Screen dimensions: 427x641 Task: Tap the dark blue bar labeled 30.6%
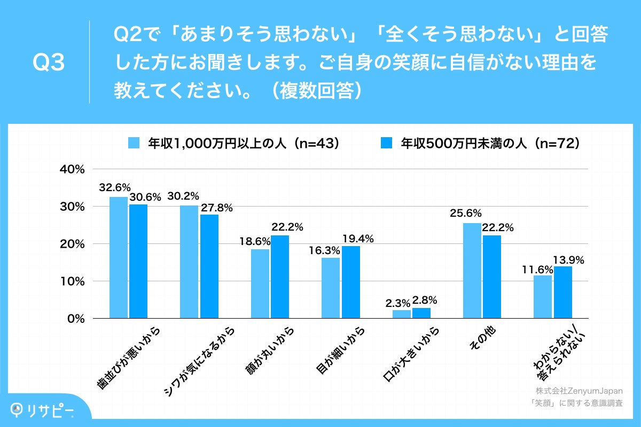click(x=138, y=261)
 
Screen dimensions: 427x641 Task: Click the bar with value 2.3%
click(x=402, y=314)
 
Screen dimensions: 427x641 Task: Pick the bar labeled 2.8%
click(x=421, y=313)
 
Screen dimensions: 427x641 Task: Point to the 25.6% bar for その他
click(x=472, y=271)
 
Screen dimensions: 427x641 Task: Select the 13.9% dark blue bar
click(x=562, y=292)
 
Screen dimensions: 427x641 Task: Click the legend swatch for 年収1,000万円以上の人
click(x=134, y=143)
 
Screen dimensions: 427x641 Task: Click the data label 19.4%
click(x=357, y=239)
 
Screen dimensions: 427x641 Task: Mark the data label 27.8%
click(x=216, y=208)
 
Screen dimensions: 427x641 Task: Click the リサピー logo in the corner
click(x=43, y=409)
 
